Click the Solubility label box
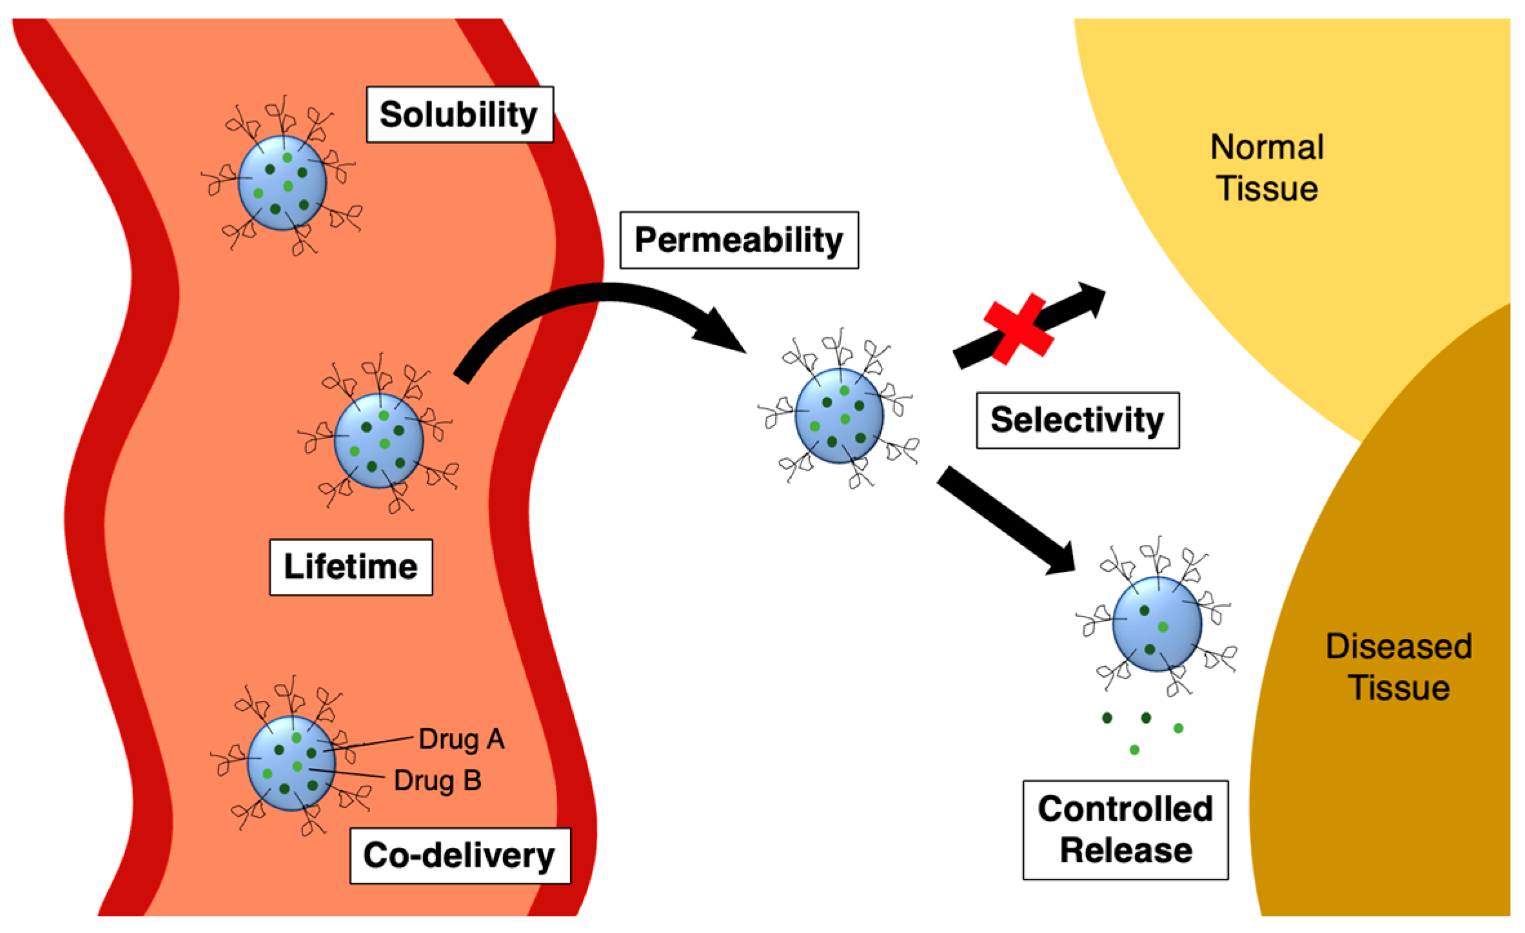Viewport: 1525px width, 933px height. click(x=460, y=114)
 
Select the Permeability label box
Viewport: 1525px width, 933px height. click(x=739, y=240)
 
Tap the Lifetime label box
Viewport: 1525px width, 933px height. click(x=351, y=567)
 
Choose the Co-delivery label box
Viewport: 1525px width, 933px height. click(x=460, y=856)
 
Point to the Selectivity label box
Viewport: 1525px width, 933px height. click(x=1077, y=420)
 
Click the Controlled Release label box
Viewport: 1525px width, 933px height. click(x=1125, y=830)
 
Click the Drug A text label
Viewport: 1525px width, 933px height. click(x=462, y=739)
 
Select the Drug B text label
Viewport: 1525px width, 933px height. click(x=438, y=780)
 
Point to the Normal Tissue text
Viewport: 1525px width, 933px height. click(x=1267, y=168)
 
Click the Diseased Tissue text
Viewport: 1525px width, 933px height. click(x=1399, y=667)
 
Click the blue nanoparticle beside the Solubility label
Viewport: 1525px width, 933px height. click(x=282, y=182)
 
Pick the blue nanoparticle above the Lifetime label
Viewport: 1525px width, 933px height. click(x=379, y=440)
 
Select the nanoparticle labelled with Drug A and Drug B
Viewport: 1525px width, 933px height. click(x=291, y=763)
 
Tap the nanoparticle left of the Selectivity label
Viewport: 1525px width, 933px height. click(x=839, y=416)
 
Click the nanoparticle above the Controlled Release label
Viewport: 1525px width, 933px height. click(x=1157, y=624)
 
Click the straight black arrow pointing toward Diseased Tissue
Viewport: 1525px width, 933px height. click(x=1006, y=521)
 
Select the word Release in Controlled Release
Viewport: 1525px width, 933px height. click(x=1126, y=850)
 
